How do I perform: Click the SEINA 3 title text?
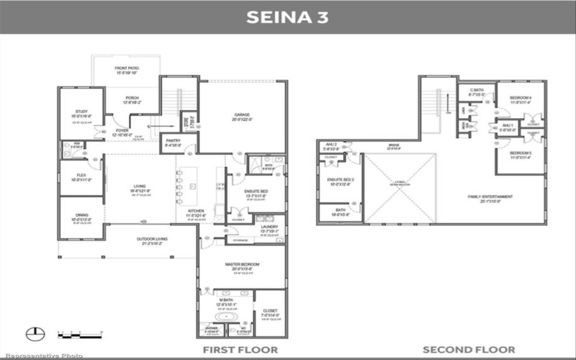click(x=287, y=17)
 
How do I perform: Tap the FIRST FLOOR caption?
click(x=239, y=349)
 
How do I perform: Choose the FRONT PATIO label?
click(x=125, y=70)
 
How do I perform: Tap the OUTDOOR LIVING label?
click(x=152, y=240)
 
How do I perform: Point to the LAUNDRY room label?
click(x=258, y=228)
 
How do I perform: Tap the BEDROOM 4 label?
click(x=520, y=99)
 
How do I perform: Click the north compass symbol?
click(x=32, y=333)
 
